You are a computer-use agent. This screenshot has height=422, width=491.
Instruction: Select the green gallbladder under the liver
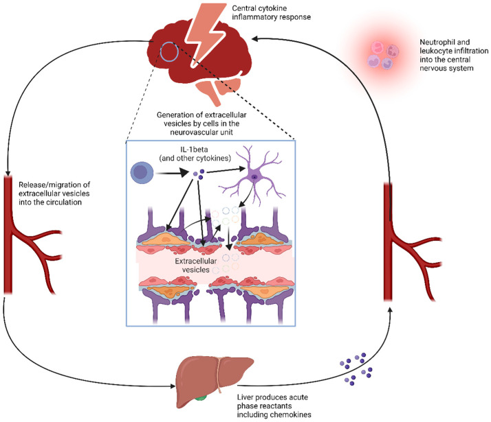(201, 398)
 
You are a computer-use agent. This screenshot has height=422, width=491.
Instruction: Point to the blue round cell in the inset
(142, 172)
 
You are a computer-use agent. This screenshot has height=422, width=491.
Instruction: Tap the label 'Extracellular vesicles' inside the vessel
(196, 265)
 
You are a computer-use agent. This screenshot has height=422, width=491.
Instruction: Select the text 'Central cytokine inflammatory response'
(271, 12)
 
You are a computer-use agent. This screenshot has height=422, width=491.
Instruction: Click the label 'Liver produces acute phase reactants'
(272, 401)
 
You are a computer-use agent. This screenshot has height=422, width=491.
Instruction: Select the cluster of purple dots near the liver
(356, 369)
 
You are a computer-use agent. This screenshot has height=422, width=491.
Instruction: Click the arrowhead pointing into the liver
(173, 386)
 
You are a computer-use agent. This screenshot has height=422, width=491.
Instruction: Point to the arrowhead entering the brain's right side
(255, 38)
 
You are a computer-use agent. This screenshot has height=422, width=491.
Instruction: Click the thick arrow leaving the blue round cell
(172, 172)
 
